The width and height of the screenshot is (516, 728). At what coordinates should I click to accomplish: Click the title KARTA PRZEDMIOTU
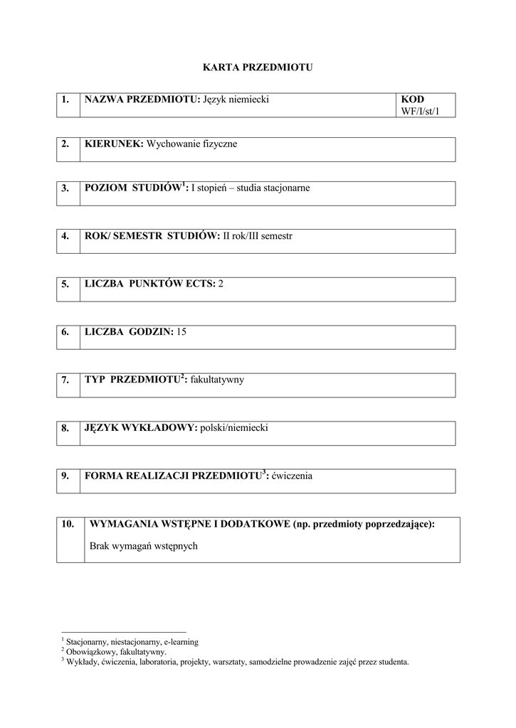point(258,68)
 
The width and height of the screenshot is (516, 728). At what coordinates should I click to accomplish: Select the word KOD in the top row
point(412,100)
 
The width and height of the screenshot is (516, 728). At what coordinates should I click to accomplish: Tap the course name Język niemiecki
point(236,100)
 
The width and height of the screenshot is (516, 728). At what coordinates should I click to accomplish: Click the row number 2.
point(65,144)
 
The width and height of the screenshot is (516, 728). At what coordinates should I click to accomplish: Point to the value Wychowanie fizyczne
point(191,144)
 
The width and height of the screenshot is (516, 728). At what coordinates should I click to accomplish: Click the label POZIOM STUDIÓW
point(132,188)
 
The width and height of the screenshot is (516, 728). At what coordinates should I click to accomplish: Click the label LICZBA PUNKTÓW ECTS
point(149,284)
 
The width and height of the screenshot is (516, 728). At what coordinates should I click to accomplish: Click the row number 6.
point(65,332)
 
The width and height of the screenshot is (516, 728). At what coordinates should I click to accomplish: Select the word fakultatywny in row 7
point(217,380)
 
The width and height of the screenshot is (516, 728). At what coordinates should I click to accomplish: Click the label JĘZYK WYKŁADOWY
point(140,428)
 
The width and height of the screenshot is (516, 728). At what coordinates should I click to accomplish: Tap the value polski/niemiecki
point(234,428)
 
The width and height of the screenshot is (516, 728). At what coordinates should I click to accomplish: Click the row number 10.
point(68,524)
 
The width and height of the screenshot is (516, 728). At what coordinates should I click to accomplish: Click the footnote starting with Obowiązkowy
point(117,651)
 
